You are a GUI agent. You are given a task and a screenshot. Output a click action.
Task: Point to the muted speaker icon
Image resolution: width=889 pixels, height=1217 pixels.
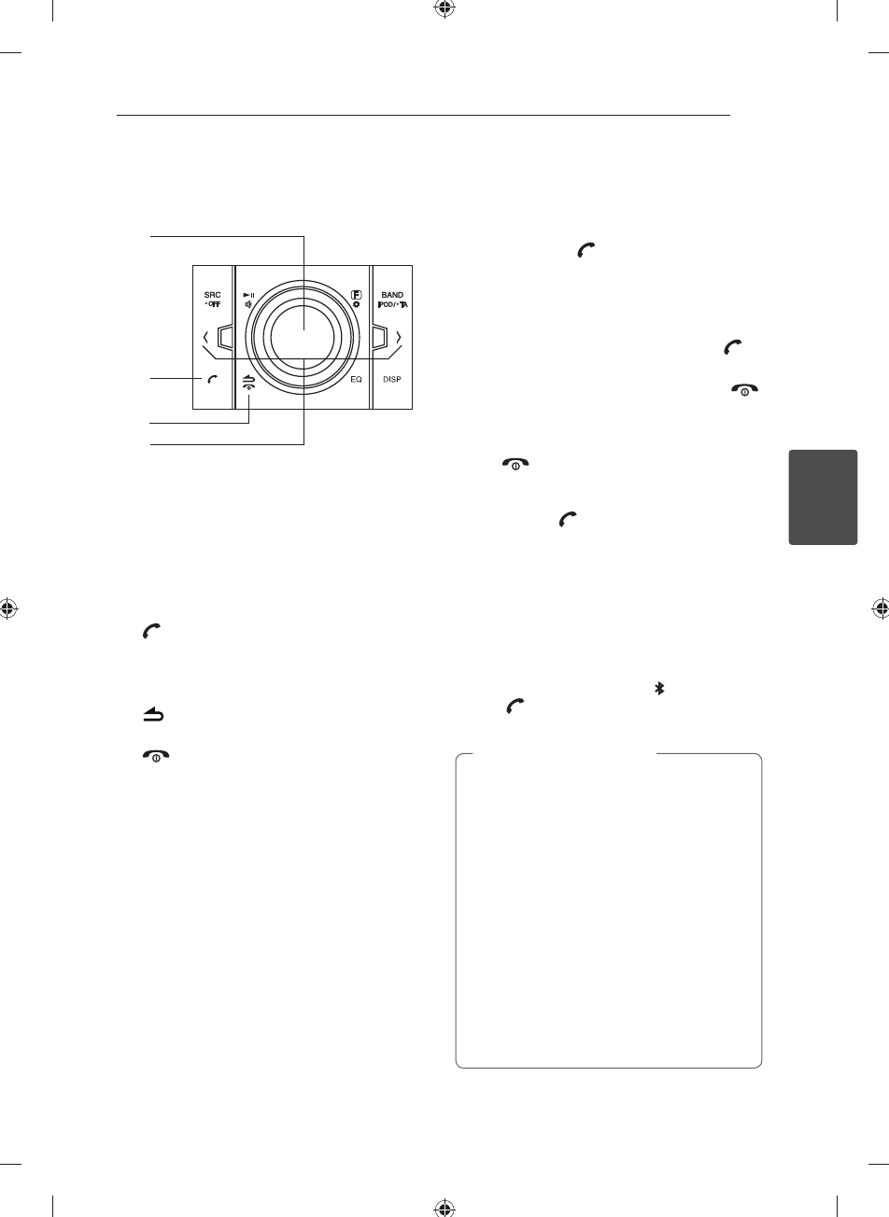point(247,304)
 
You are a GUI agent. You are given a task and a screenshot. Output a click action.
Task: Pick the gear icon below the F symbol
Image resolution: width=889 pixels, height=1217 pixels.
point(356,305)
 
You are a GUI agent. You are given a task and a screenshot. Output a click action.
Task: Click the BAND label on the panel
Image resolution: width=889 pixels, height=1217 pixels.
point(392,294)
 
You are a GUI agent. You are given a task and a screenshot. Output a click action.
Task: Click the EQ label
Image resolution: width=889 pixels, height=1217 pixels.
point(356,380)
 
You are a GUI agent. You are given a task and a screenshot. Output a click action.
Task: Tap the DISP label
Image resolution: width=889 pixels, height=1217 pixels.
point(392,380)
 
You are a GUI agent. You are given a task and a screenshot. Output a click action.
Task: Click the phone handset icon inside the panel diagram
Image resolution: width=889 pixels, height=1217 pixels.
point(213,379)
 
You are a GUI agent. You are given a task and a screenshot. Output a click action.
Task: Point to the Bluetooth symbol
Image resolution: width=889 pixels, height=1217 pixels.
point(659,688)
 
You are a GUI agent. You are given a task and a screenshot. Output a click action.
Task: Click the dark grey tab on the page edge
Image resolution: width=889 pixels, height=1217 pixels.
point(823,497)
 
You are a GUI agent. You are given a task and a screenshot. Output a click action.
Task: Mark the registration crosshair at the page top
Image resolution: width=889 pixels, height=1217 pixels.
point(444,11)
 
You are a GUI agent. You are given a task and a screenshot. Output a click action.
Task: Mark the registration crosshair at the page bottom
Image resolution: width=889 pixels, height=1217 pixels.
point(444,1205)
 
